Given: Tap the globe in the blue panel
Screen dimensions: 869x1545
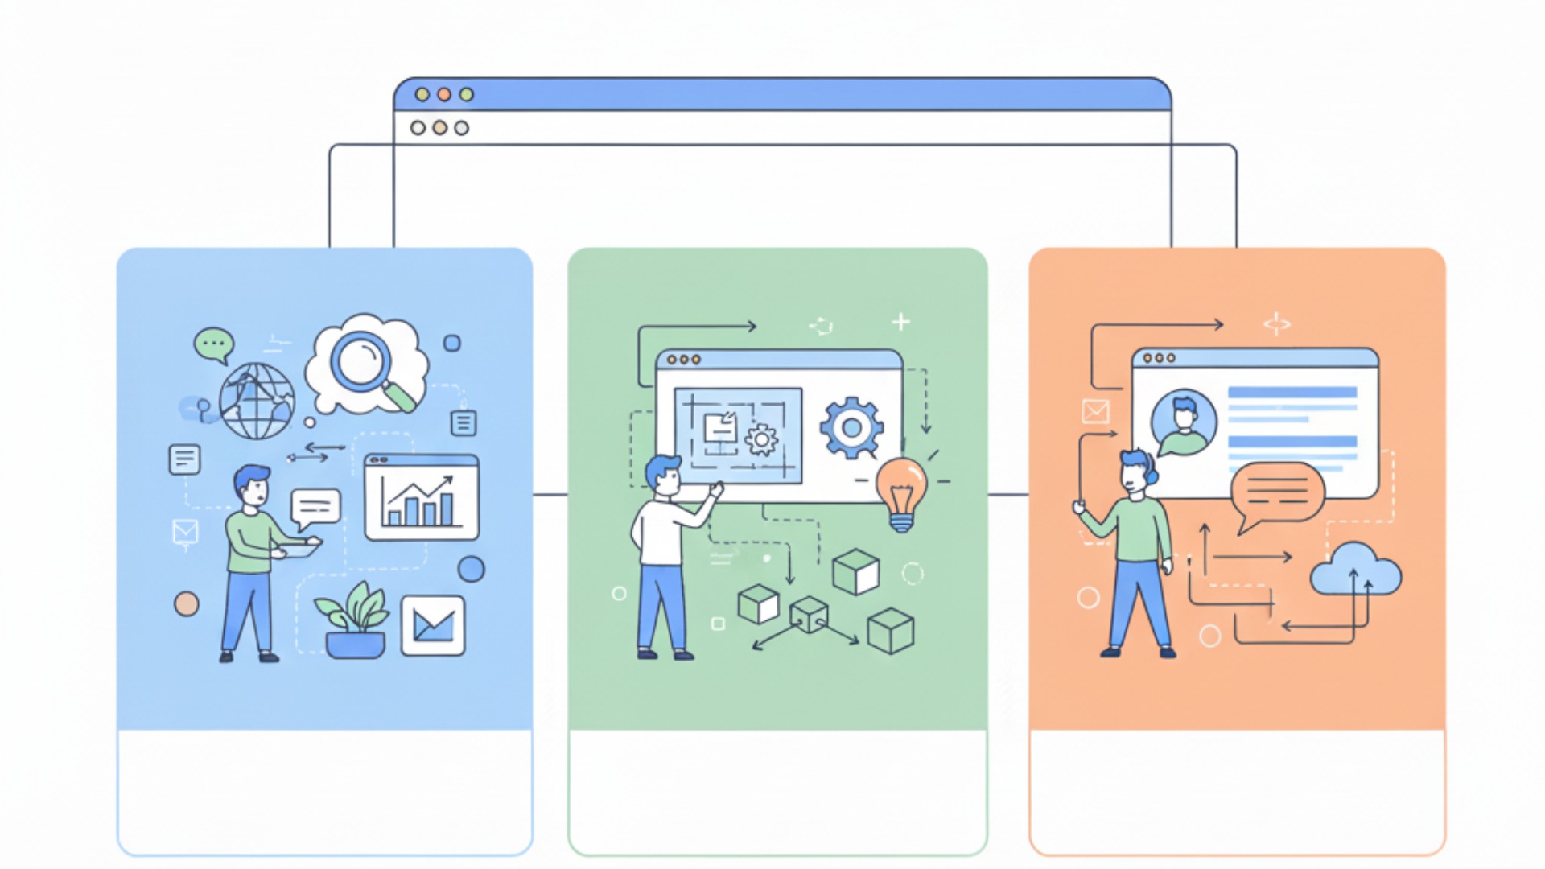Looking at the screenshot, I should click(x=257, y=401).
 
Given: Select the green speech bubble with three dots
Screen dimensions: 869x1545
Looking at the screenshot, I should click(x=213, y=344).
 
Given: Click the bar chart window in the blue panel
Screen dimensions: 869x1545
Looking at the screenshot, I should click(x=422, y=496).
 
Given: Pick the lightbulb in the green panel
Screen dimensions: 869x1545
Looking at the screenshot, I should click(x=901, y=492).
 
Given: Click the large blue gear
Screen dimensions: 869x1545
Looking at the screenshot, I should click(x=851, y=427).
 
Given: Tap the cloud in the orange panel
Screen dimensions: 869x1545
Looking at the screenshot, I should click(x=1356, y=570).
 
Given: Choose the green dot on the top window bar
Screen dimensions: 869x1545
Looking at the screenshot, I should click(x=466, y=94).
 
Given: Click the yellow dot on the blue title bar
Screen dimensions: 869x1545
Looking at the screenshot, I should click(x=422, y=94).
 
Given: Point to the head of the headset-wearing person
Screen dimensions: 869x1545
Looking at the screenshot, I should click(x=1137, y=472).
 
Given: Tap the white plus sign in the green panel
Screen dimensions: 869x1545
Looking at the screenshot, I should click(x=900, y=322).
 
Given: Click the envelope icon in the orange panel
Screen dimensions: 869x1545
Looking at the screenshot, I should click(x=1095, y=411).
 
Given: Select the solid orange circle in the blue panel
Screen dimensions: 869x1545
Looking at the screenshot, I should click(x=187, y=603).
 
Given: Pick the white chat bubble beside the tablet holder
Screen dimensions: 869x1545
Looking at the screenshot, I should click(x=315, y=507).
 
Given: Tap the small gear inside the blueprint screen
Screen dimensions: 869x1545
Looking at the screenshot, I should click(x=761, y=439).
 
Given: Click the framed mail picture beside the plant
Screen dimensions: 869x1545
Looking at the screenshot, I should click(x=433, y=625).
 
